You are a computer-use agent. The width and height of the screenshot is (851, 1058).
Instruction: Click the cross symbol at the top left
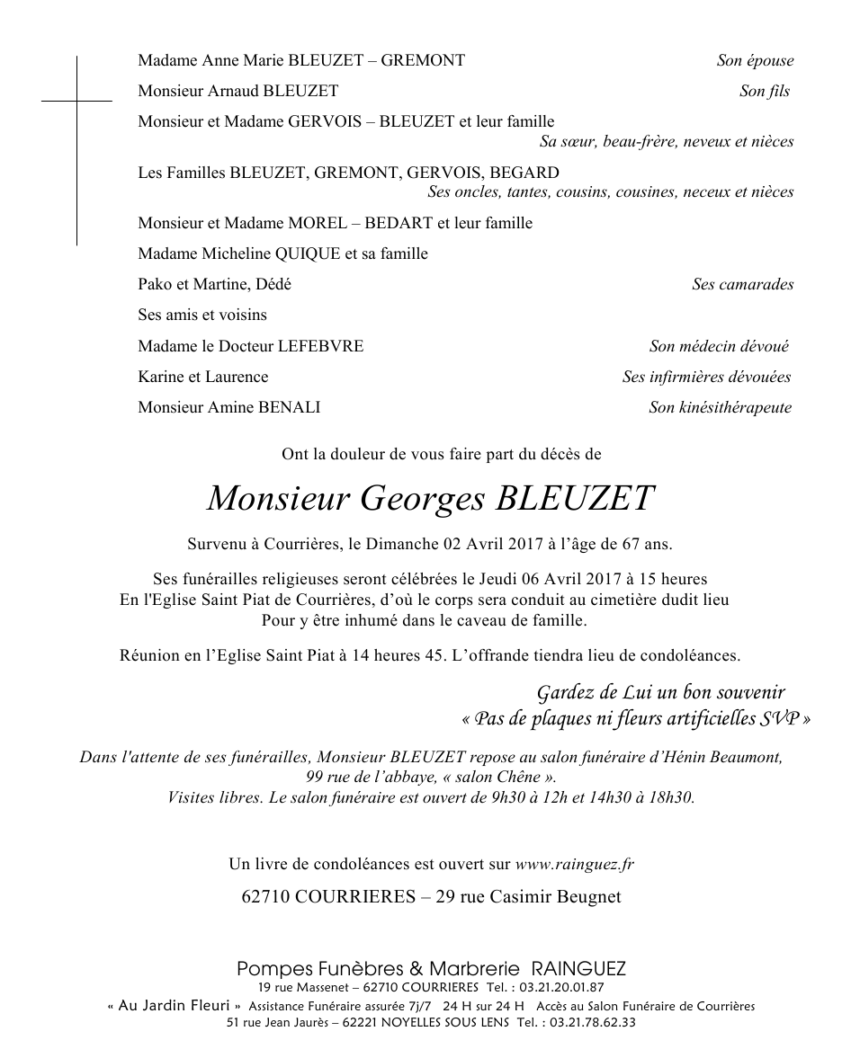tap(76, 102)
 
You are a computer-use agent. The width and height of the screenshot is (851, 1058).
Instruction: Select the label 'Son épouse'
tap(755, 61)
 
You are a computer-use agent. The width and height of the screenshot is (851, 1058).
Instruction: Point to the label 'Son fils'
tap(765, 92)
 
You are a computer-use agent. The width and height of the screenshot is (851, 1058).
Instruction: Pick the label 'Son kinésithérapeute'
tap(720, 408)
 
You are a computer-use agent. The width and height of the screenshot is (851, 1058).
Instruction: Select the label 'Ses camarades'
tap(742, 285)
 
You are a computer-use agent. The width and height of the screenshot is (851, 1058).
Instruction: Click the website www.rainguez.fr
tap(574, 865)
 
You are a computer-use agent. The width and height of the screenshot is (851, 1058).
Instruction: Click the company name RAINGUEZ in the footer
tap(578, 969)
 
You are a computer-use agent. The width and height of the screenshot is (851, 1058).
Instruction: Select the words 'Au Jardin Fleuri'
tap(175, 1006)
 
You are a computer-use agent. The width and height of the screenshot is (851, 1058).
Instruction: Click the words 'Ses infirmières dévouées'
tap(706, 378)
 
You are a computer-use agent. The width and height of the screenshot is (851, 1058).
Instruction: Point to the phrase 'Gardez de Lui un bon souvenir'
tap(660, 693)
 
